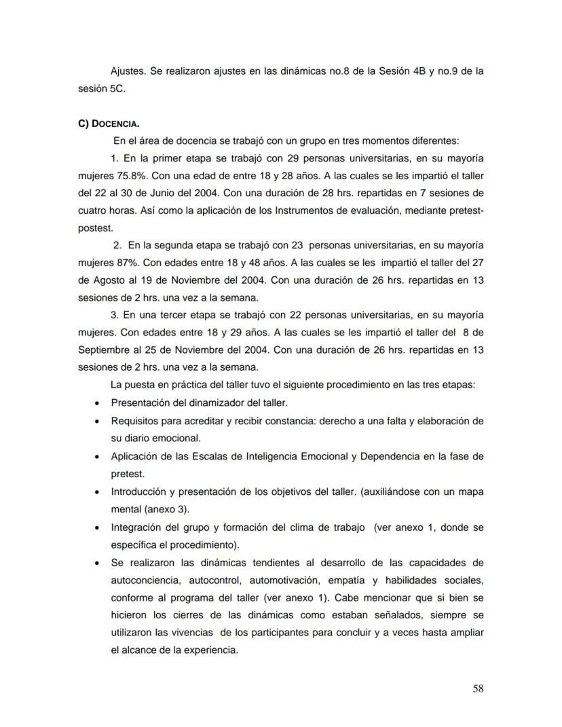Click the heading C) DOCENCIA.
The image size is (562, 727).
pyautogui.click(x=109, y=124)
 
